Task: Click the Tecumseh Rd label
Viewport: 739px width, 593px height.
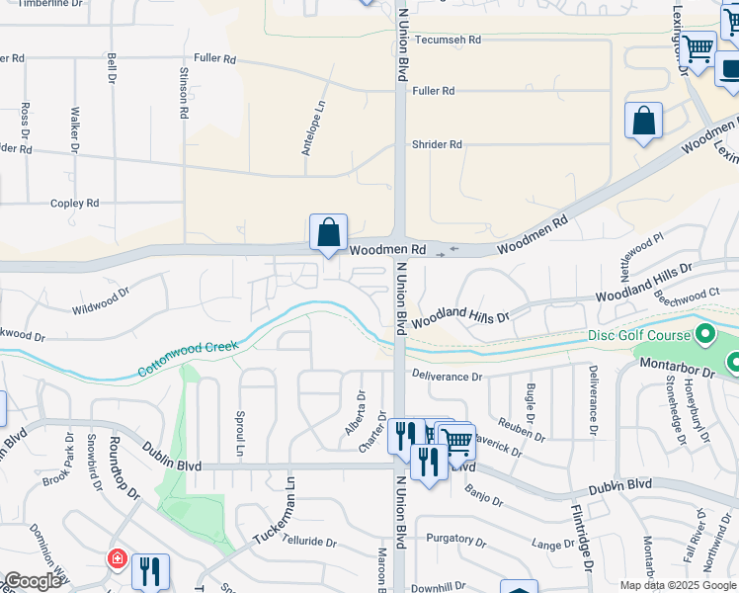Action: pos(447,40)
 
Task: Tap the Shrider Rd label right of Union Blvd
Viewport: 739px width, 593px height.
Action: pos(437,144)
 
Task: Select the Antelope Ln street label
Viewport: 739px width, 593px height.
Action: pos(313,128)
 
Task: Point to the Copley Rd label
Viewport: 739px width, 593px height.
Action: pos(75,203)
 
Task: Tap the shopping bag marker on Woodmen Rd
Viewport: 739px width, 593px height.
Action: pos(329,233)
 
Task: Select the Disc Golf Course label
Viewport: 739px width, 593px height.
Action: pos(638,335)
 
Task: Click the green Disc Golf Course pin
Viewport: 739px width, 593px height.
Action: pos(704,335)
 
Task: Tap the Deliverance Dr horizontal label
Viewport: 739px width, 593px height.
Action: pos(447,377)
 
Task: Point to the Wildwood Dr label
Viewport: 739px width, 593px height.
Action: pos(101,301)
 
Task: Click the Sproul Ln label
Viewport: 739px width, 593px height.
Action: pos(239,433)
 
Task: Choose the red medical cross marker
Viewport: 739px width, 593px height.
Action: pos(118,559)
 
